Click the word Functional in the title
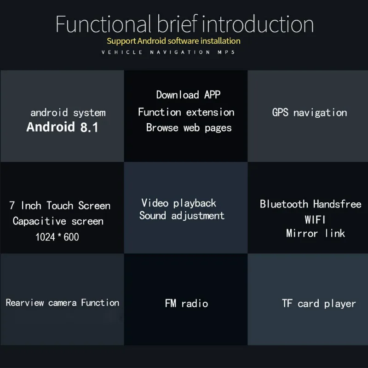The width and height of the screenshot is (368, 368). (103, 24)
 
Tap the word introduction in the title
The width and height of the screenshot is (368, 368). (258, 24)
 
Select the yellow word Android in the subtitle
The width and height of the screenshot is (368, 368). (152, 41)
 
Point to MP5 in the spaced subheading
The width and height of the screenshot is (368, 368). (226, 52)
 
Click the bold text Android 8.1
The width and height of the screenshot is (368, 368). (62, 127)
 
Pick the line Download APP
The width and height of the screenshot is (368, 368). (188, 95)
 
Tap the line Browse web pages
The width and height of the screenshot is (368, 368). (189, 128)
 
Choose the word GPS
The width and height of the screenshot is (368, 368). (280, 112)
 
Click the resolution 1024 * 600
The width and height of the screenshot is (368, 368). (57, 237)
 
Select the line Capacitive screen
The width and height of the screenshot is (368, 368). (58, 221)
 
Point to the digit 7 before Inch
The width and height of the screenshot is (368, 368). (12, 205)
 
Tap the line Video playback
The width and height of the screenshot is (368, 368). (178, 203)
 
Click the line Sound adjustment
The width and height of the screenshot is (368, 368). (182, 216)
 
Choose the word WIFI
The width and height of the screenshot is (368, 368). (315, 220)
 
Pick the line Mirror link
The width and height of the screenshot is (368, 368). (316, 233)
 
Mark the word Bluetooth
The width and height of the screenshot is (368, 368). (284, 204)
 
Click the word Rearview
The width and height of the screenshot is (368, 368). (25, 303)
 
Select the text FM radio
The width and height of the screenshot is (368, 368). (186, 304)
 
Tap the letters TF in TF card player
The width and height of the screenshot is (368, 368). (287, 303)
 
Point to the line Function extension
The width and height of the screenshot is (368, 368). (186, 112)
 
